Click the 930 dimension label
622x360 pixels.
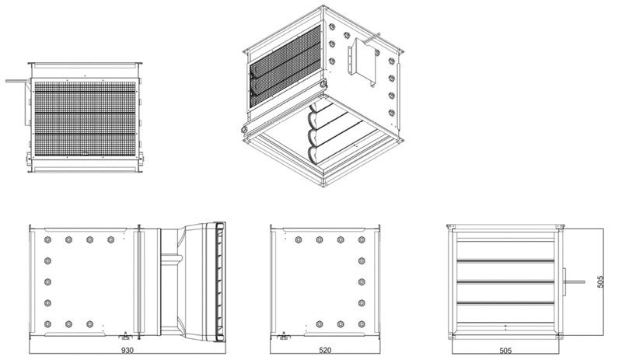128,351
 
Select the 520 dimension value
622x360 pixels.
325,351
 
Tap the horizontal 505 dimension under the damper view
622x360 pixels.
505,351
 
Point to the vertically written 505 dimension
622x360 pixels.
600,281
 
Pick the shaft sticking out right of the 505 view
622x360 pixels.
575,281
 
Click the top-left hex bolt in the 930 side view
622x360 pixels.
47,239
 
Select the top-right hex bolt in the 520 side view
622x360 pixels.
362,239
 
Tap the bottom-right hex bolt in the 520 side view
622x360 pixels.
362,324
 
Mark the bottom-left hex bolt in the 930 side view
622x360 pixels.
47,324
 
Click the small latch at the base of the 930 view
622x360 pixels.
126,336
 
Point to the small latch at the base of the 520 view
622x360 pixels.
284,336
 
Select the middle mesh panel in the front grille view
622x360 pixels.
85,123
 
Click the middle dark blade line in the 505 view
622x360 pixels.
505,281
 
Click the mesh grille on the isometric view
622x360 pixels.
285,66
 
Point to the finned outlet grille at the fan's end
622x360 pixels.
219,281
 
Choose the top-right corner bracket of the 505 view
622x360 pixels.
560,226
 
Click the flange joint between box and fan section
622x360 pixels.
139,281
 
